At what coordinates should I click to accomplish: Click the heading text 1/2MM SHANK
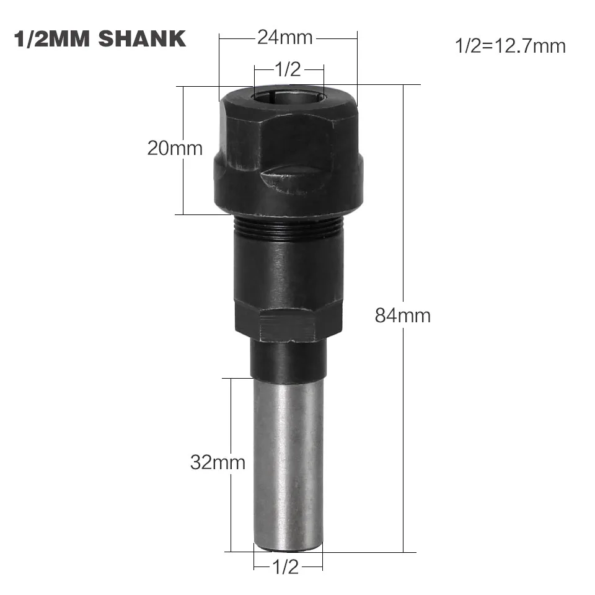(x=99, y=38)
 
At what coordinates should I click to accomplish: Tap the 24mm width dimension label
(x=286, y=38)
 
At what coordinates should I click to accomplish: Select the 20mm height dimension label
(x=175, y=149)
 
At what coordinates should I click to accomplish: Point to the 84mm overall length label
(x=402, y=315)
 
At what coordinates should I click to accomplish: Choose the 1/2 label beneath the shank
(x=286, y=566)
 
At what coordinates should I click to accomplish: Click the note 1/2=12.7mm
(x=510, y=46)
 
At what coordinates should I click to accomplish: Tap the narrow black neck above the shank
(x=288, y=359)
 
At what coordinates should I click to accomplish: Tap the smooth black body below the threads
(x=288, y=273)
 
